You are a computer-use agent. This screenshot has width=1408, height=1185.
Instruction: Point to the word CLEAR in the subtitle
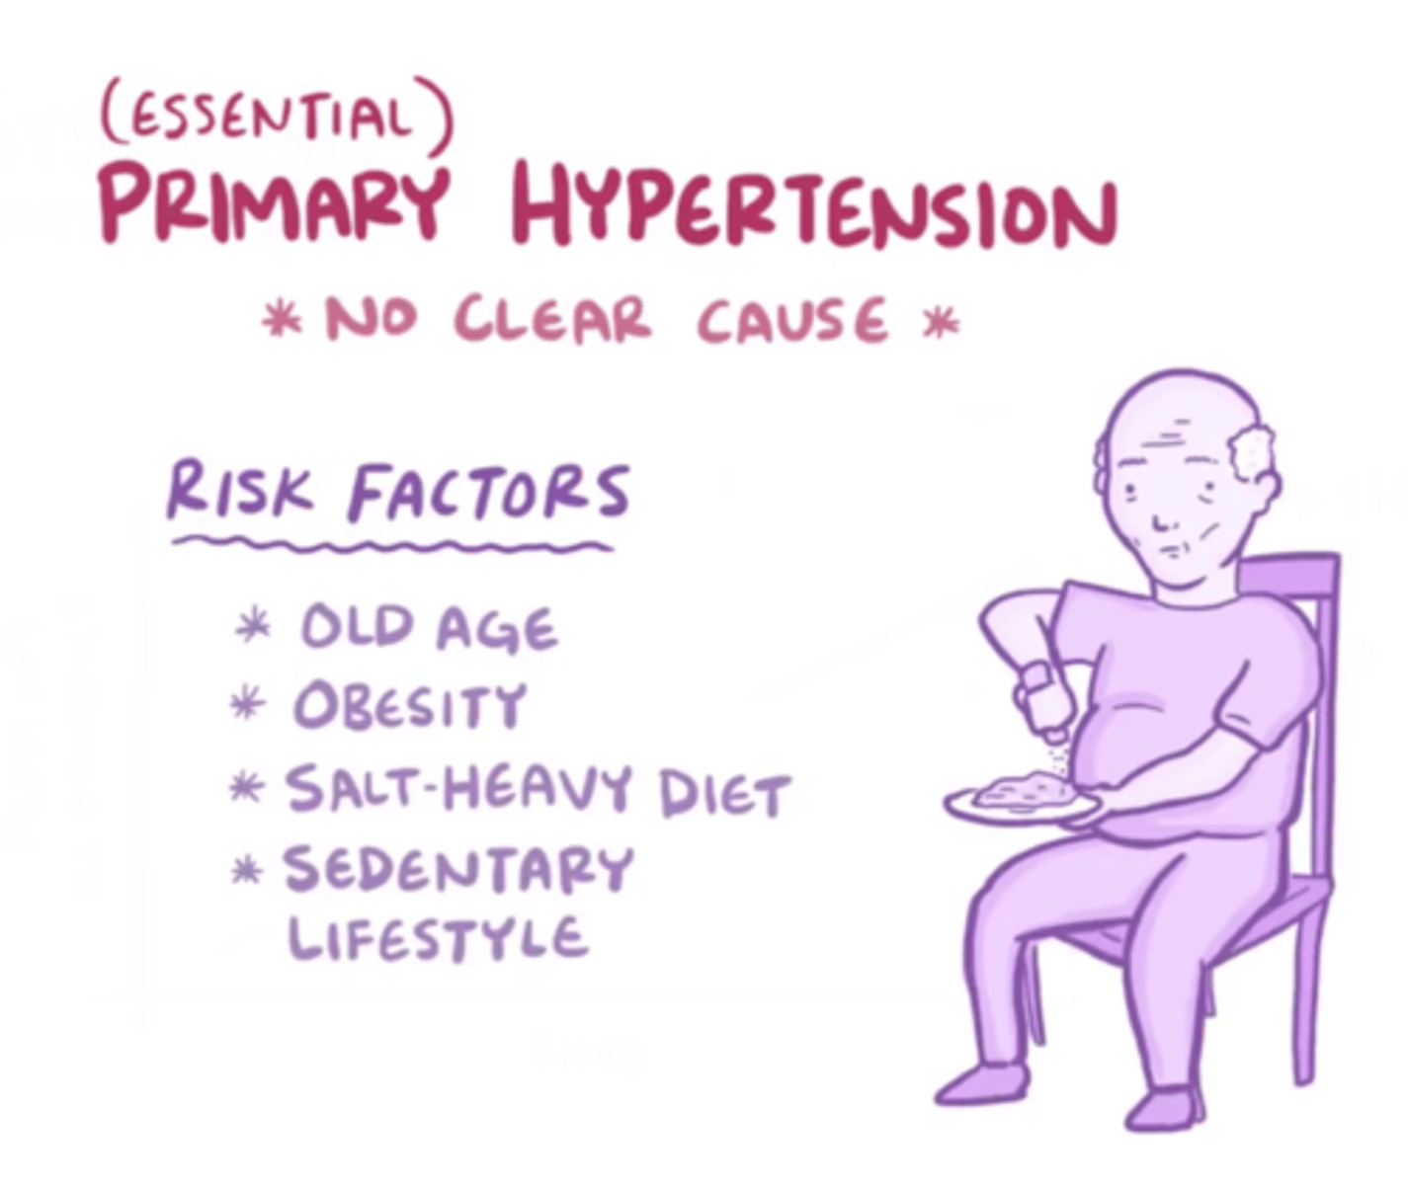click(x=554, y=320)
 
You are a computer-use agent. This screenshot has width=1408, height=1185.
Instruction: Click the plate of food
click(x=1022, y=801)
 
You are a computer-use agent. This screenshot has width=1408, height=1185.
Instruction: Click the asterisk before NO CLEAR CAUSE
click(x=282, y=322)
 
